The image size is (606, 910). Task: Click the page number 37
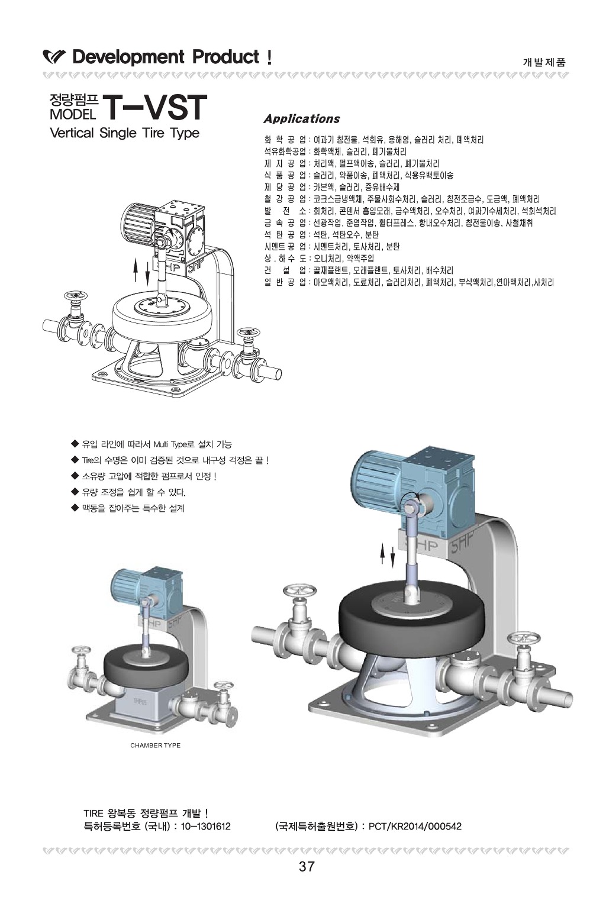click(x=307, y=867)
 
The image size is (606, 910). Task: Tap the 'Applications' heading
click(x=301, y=119)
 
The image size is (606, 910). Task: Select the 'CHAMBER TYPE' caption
click(x=155, y=745)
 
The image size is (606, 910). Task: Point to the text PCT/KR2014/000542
click(x=415, y=826)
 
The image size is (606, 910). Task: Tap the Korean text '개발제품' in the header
click(x=544, y=62)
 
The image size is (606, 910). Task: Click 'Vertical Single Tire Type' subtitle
click(x=125, y=133)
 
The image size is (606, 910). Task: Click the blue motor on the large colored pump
click(x=379, y=473)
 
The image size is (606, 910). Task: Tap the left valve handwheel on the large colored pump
click(x=296, y=592)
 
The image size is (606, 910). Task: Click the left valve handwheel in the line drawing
click(x=75, y=295)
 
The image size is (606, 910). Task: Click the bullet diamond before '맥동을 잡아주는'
click(x=75, y=507)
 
